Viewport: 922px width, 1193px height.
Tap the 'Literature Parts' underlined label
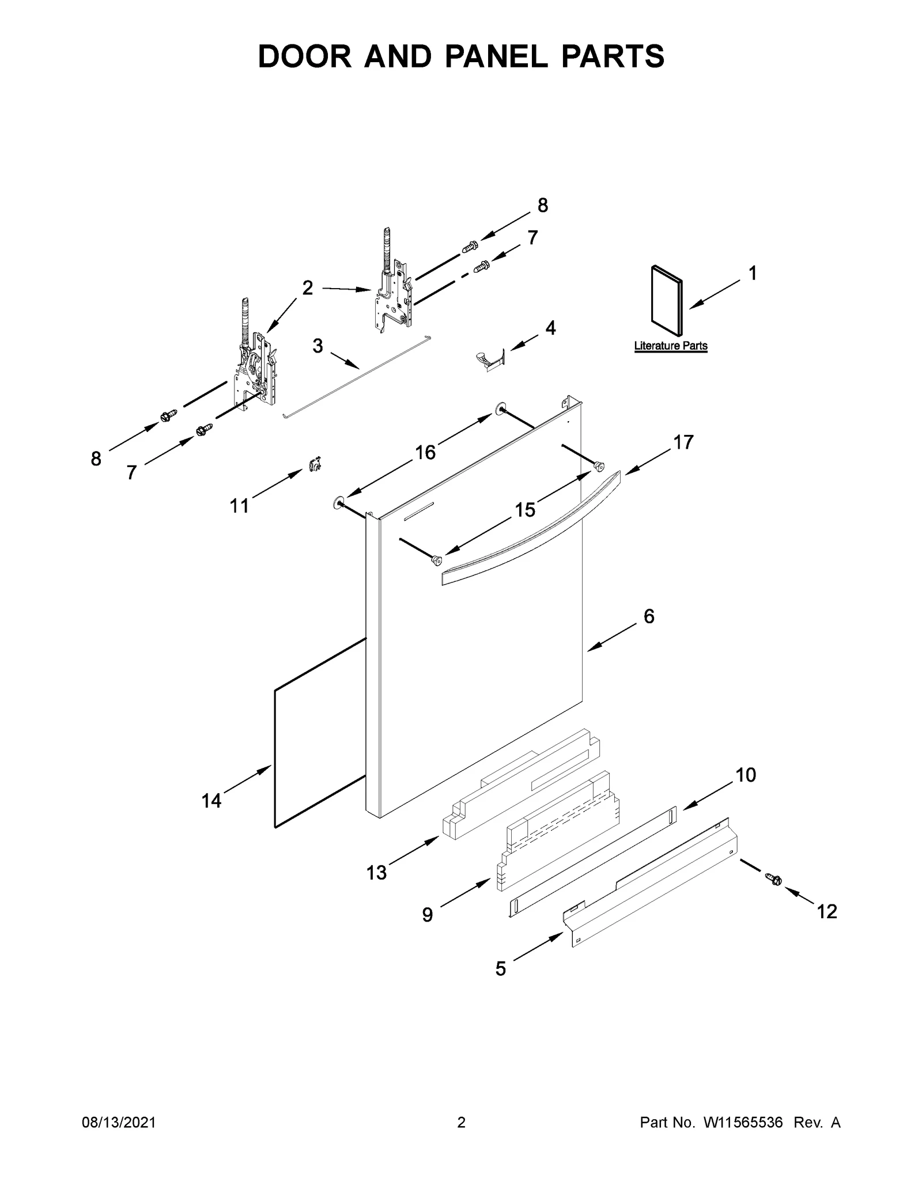pos(671,346)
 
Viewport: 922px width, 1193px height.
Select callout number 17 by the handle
pos(683,442)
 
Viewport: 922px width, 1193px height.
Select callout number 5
pos(500,969)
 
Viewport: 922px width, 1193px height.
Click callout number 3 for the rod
pos(318,346)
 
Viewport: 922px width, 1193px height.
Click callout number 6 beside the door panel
pos(649,616)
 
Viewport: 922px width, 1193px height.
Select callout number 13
pos(376,872)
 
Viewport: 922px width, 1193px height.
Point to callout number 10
pos(746,775)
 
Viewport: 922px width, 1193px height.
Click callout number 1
pos(753,273)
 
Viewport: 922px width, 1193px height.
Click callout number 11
pos(239,506)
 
